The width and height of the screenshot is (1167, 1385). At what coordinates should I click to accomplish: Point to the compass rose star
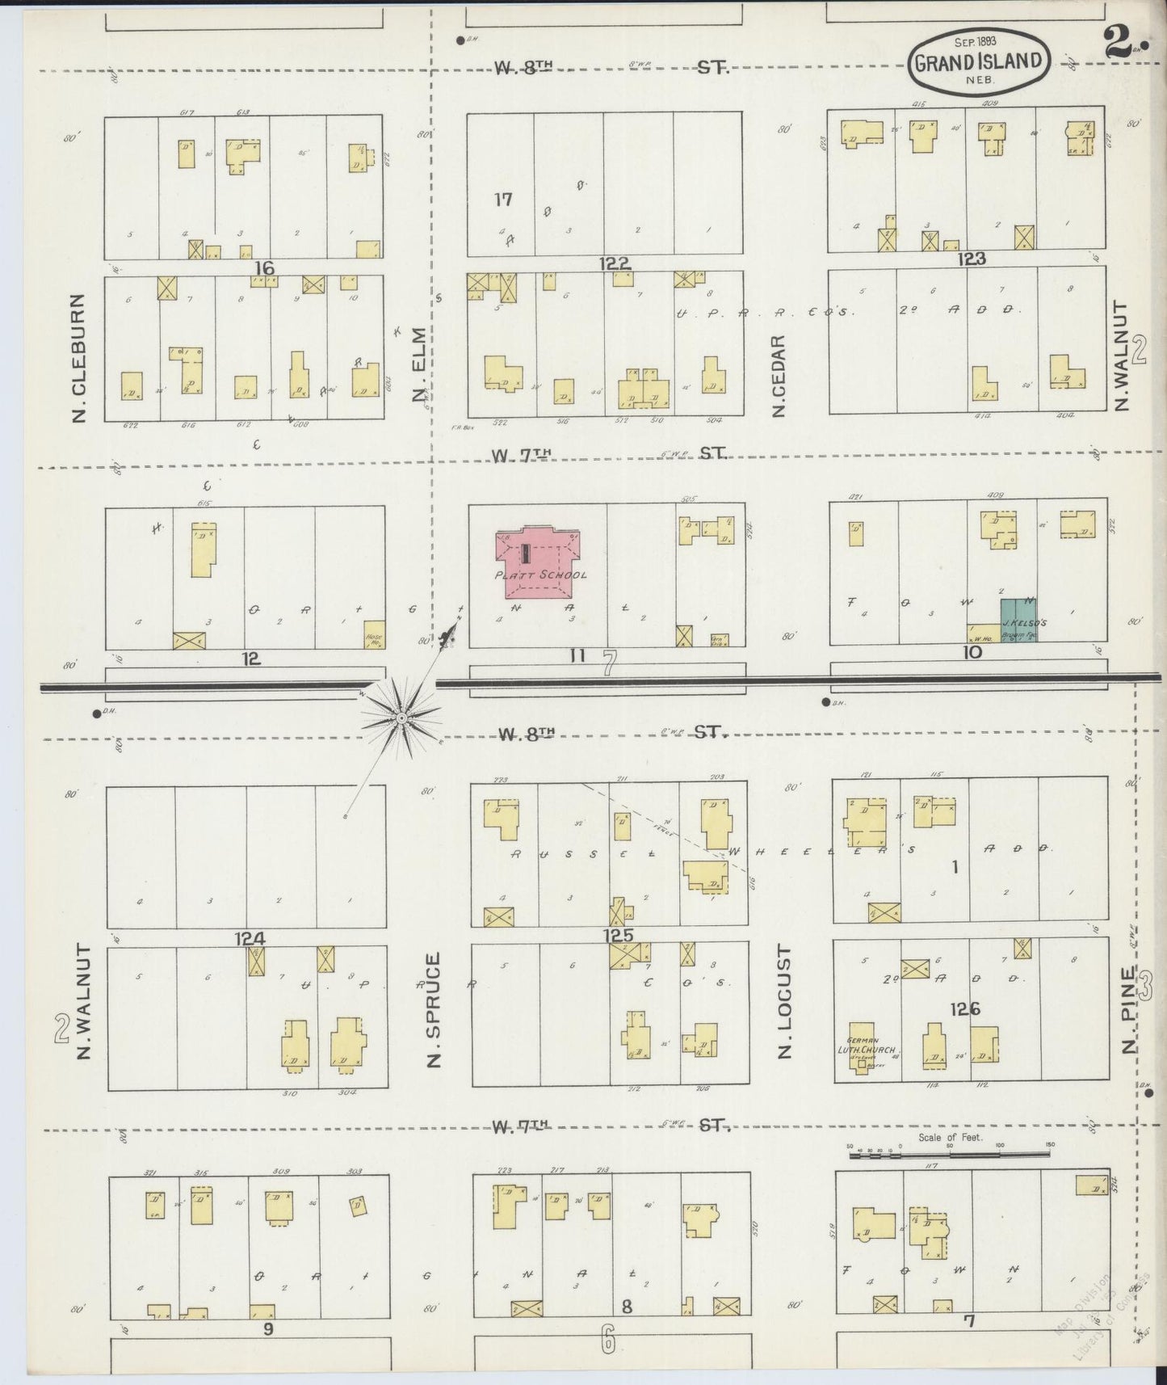[x=401, y=718]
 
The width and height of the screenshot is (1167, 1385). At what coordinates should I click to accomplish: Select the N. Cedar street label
[x=779, y=376]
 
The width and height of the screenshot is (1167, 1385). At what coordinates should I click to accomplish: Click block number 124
[x=250, y=938]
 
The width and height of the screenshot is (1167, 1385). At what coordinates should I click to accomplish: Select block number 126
[x=965, y=1008]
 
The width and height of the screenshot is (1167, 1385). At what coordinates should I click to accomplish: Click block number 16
[x=264, y=268]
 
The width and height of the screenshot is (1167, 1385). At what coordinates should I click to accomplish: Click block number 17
[x=503, y=198]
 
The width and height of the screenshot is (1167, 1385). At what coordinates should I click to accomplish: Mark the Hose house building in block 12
[x=373, y=634]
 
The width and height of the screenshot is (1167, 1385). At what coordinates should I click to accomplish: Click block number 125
[x=617, y=936]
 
